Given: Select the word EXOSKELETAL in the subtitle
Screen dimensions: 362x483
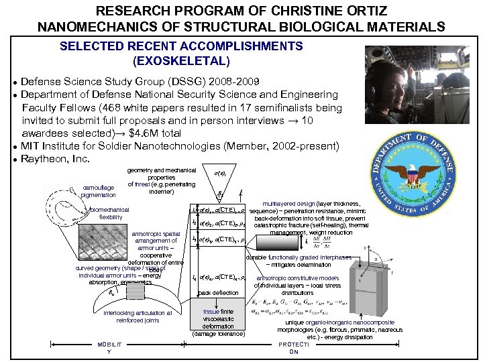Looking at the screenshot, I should click(x=181, y=61).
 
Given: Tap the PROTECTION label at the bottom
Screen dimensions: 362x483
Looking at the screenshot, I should click(x=294, y=348).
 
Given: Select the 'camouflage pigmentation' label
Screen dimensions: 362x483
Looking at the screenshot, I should click(x=99, y=191).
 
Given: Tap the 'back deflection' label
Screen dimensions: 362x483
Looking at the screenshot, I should click(x=219, y=294).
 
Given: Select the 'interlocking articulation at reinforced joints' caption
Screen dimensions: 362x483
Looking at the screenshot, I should click(x=138, y=316).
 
